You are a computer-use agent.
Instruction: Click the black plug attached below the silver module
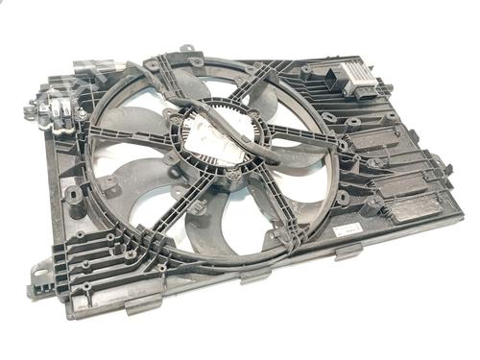365,97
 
